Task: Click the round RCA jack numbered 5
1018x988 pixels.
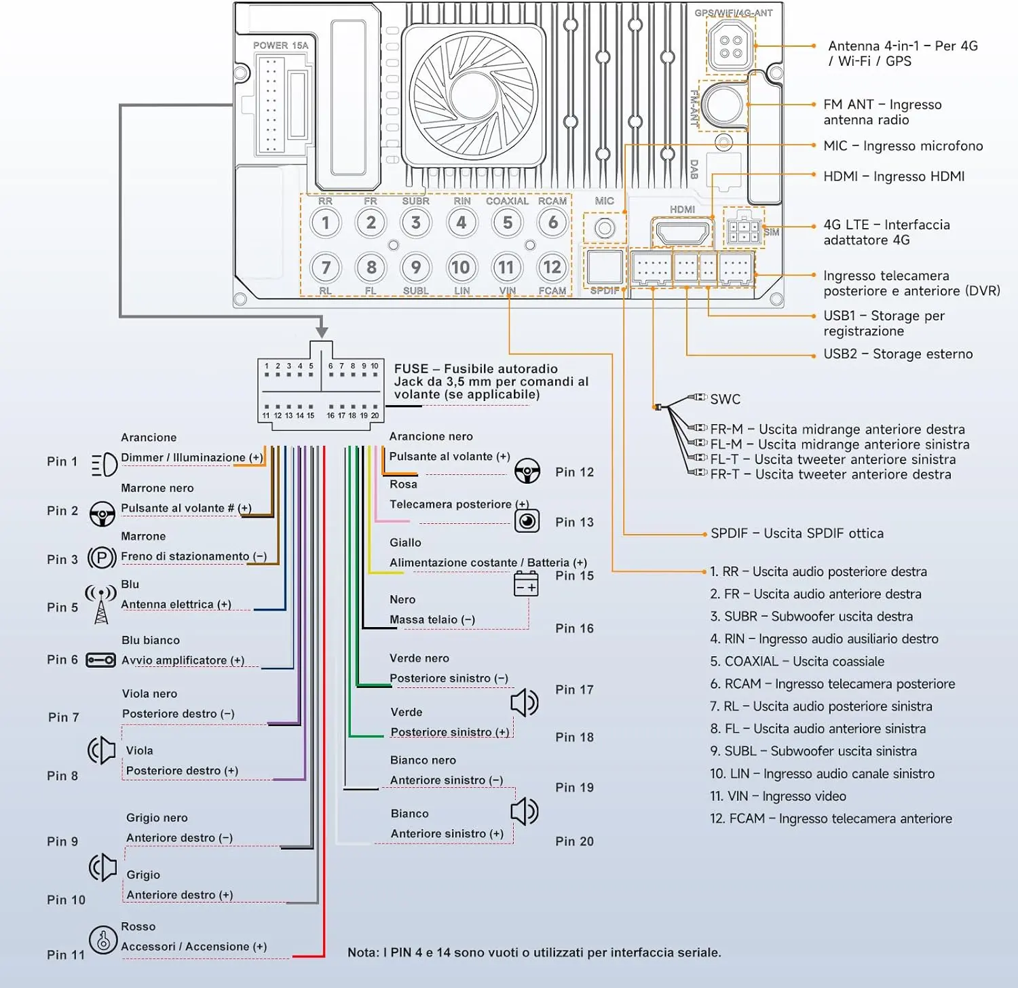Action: point(508,223)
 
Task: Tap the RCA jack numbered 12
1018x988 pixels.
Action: point(552,267)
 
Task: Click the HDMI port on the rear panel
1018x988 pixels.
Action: point(681,232)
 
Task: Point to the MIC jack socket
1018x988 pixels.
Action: point(605,228)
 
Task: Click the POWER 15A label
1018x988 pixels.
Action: point(280,45)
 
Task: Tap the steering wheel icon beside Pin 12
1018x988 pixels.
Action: point(527,470)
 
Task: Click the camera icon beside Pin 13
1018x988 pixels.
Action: point(527,520)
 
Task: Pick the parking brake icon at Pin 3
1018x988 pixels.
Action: point(102,558)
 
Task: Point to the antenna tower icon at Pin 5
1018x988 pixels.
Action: point(100,604)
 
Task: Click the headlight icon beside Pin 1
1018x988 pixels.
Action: point(104,464)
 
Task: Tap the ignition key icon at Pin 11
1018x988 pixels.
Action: point(103,940)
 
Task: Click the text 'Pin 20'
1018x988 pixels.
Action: point(574,841)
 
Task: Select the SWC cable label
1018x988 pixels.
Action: point(725,399)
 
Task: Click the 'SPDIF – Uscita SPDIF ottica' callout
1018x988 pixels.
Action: point(797,533)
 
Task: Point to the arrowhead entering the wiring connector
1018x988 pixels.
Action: point(322,332)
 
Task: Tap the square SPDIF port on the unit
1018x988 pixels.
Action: point(605,267)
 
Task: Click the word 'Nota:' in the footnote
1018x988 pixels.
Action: point(363,953)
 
